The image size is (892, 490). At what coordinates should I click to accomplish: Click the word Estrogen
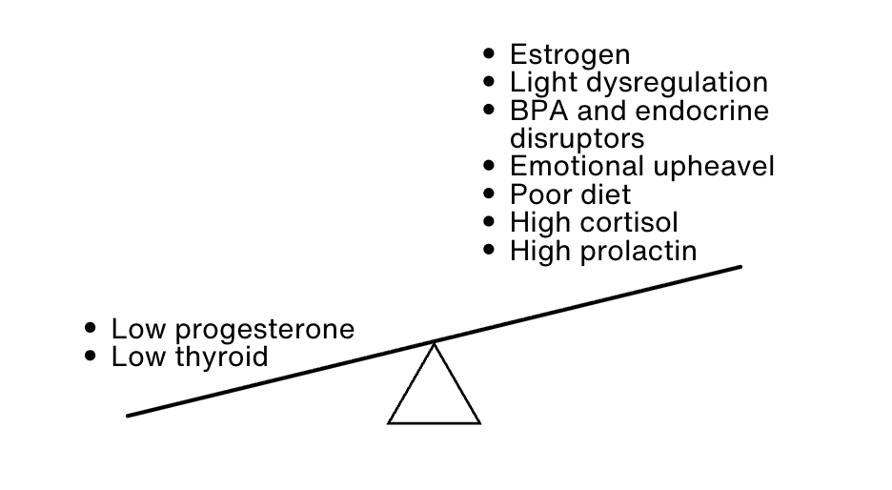570,54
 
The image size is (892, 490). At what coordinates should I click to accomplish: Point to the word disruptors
577,139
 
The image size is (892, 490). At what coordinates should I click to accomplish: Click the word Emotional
577,167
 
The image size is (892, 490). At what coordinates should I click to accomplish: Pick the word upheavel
714,167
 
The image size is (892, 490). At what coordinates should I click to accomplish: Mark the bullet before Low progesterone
91,328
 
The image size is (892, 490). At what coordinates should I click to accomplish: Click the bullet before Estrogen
490,53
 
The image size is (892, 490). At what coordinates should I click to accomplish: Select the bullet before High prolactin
490,250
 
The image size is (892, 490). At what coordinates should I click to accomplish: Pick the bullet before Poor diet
490,194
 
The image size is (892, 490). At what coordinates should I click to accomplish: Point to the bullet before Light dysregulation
490,82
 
